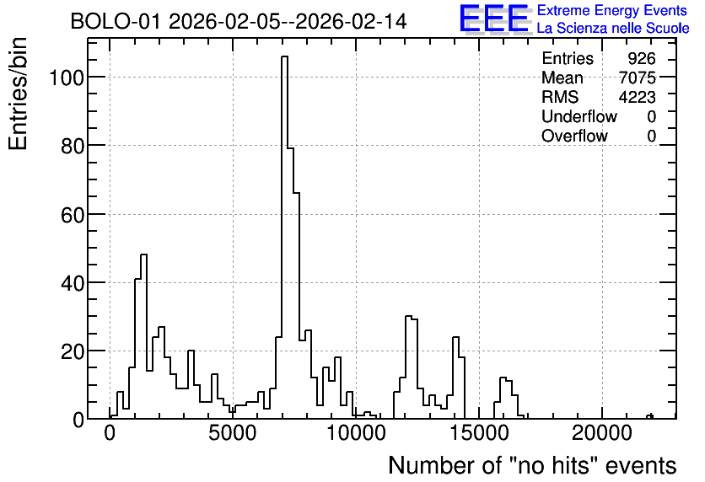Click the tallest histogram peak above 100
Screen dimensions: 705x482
tap(284, 56)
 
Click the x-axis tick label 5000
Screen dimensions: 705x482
tap(233, 433)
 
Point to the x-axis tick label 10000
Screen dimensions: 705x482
tap(356, 433)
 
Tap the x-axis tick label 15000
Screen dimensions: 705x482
tap(479, 433)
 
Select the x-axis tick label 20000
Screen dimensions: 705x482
tap(602, 433)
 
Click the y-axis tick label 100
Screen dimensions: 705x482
tap(66, 78)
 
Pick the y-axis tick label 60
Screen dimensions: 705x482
tap(73, 215)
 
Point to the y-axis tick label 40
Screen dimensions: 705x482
tap(73, 283)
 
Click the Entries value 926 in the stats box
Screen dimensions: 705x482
tap(642, 58)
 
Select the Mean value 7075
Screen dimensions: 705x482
tap(637, 78)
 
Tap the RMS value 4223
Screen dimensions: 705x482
tap(637, 97)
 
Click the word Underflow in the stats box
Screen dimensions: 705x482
tap(579, 116)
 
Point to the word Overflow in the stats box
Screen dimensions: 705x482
tap(574, 136)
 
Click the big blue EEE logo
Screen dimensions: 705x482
tap(494, 19)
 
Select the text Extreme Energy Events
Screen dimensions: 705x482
tap(612, 10)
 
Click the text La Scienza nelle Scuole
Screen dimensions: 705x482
tap(613, 28)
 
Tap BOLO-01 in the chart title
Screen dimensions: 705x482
tap(115, 21)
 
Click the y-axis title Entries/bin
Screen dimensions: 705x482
tap(18, 94)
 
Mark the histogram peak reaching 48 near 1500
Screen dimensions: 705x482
tap(144, 255)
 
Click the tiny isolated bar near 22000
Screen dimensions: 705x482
tap(649, 416)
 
